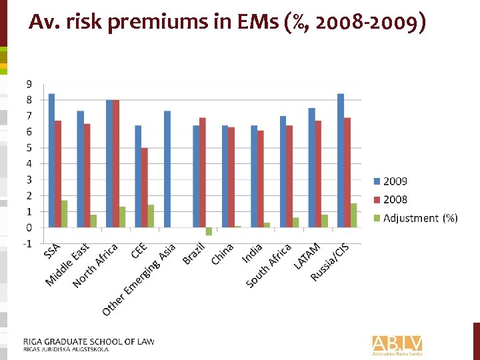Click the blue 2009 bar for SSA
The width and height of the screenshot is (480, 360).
tap(51, 160)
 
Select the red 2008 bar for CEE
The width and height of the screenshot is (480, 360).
tap(145, 187)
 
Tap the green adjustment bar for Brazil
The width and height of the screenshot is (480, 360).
tap(209, 231)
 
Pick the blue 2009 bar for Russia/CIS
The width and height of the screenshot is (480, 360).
tap(341, 160)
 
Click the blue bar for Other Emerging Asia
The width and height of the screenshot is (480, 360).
tap(167, 169)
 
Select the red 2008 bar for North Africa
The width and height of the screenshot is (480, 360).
tap(116, 163)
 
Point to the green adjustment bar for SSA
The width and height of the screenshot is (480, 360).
tap(65, 214)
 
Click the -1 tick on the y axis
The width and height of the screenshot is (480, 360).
tap(27, 243)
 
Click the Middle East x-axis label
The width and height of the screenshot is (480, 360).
tap(68, 265)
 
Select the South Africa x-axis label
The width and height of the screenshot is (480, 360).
tap(269, 266)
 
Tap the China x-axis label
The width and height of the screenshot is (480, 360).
tap(223, 254)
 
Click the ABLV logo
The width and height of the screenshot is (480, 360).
tap(397, 344)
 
